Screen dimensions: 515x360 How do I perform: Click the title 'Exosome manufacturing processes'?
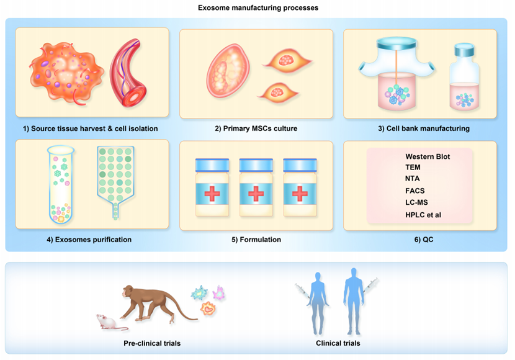tap(258, 7)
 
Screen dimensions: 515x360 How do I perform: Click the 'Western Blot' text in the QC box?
tap(428, 156)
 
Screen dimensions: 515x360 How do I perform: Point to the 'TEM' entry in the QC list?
tap(413, 168)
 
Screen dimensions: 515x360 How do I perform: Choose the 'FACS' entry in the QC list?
tap(415, 191)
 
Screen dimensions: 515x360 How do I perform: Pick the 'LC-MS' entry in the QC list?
tap(416, 202)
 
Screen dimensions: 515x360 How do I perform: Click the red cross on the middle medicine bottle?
tap(256, 194)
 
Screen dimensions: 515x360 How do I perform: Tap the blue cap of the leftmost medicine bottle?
tap(212, 165)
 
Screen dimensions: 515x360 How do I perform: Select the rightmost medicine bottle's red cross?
tap(300, 194)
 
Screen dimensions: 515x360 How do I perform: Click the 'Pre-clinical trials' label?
tap(152, 343)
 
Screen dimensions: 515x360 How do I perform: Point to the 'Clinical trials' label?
tap(338, 343)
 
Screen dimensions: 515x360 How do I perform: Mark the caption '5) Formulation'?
tap(256, 240)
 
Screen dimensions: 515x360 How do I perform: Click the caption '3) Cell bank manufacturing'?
tap(424, 128)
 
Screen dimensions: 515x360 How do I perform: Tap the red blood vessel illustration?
tap(129, 73)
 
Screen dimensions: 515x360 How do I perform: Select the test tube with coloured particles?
tap(61, 184)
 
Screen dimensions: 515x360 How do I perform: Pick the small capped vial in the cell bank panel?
tap(464, 77)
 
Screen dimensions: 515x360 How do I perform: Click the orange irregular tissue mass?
tap(66, 73)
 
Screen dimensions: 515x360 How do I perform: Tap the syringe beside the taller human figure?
tap(371, 285)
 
